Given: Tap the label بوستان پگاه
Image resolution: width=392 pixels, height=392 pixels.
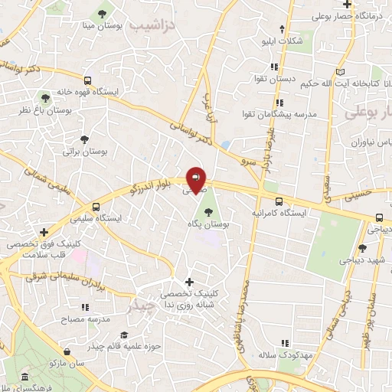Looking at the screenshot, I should click(x=209, y=224).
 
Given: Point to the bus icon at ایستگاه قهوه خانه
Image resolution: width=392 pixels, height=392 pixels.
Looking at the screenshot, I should click(x=89, y=80).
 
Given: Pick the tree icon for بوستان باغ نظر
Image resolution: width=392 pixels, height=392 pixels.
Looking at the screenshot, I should click(x=47, y=98).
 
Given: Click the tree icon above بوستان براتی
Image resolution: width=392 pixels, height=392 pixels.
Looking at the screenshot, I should click(x=84, y=139).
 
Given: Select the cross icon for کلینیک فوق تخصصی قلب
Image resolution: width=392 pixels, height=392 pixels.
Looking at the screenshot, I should click(x=44, y=231).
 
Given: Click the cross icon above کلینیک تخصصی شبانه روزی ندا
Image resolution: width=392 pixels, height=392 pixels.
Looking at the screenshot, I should click(x=189, y=281).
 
